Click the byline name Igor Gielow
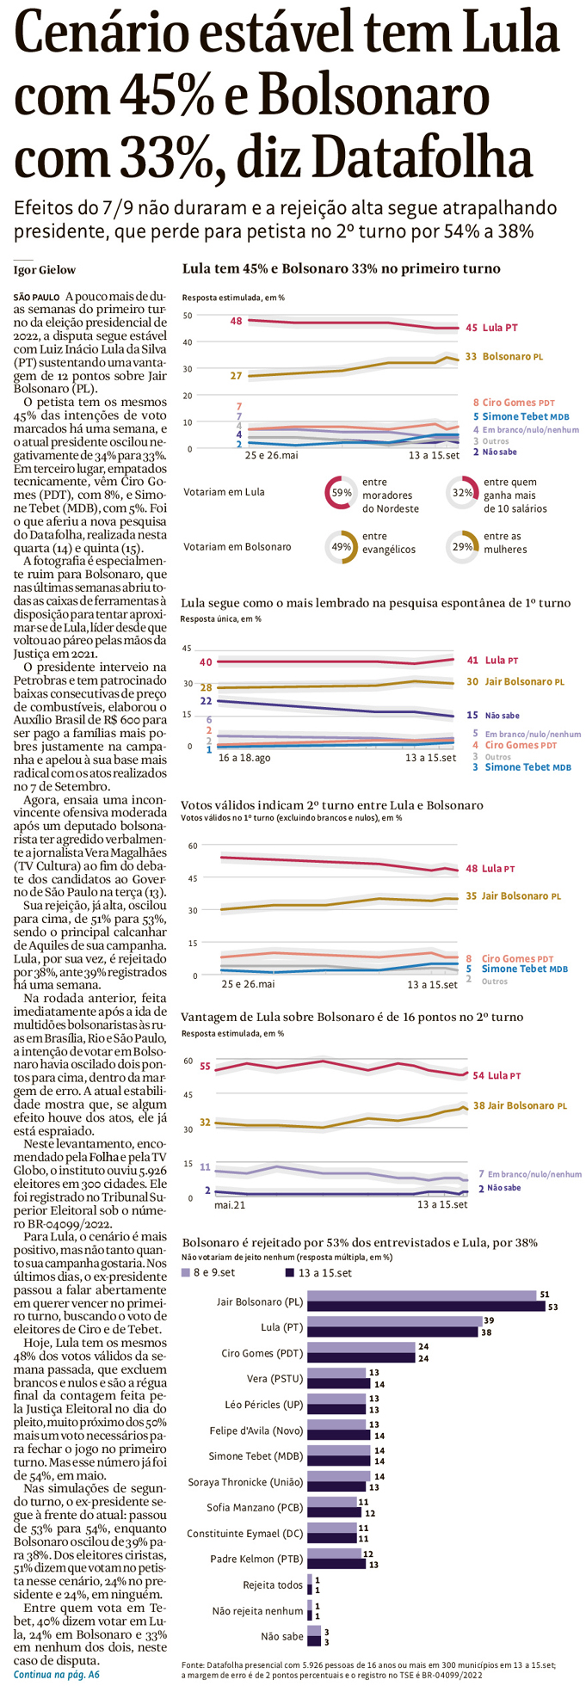tap(45, 270)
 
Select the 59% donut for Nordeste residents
tap(342, 494)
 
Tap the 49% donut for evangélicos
tap(342, 546)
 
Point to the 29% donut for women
tap(463, 546)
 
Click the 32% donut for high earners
tap(463, 494)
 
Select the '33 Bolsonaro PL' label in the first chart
tap(503, 356)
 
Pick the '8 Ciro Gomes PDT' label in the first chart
tap(514, 402)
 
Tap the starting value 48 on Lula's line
tap(236, 321)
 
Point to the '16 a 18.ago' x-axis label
tap(244, 758)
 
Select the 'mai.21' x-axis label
tap(230, 1205)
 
